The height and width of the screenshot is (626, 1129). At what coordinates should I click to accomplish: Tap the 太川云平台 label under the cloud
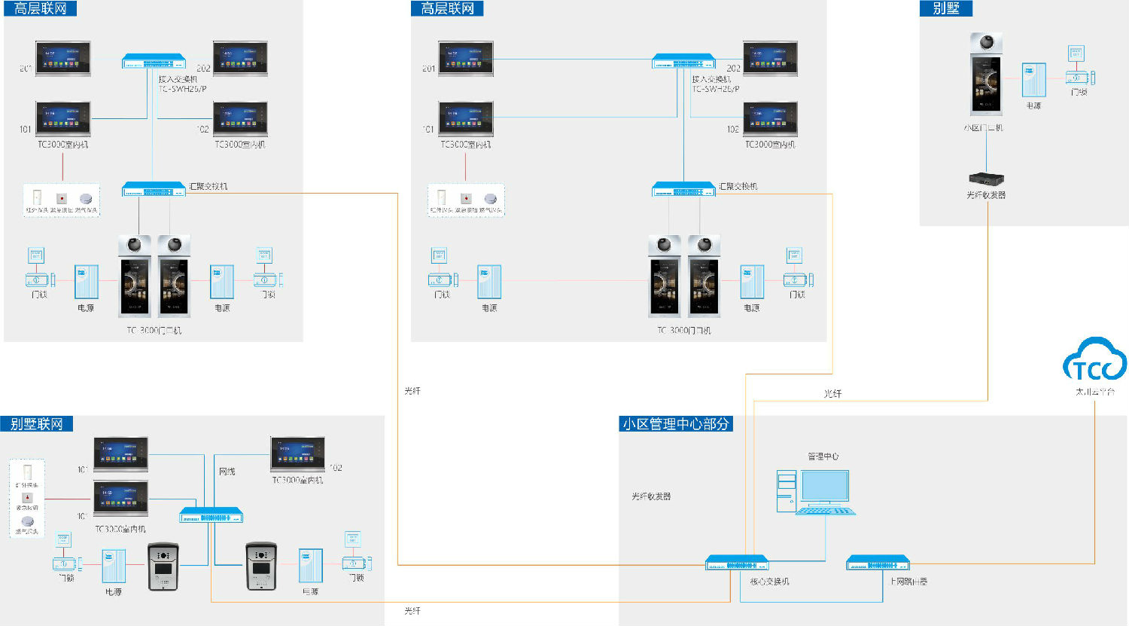click(x=1094, y=392)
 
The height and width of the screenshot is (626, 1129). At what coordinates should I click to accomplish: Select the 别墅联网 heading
click(x=36, y=424)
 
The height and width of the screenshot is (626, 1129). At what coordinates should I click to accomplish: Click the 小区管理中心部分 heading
click(x=676, y=424)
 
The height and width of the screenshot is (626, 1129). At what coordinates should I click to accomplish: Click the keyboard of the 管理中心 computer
click(x=826, y=511)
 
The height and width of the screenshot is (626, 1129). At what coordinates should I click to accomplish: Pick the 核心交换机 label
click(x=769, y=582)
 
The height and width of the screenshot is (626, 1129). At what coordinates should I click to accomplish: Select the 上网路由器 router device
click(x=878, y=563)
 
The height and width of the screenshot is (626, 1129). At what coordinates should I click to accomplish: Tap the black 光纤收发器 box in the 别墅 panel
click(x=986, y=179)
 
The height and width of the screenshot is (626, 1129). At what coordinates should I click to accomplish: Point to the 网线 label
click(x=227, y=472)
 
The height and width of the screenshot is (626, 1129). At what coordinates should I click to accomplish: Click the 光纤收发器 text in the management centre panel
click(x=651, y=496)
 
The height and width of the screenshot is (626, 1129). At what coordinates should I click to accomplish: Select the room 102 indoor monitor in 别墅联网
click(x=297, y=454)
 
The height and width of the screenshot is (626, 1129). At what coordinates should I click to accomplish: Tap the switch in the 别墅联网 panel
click(x=211, y=516)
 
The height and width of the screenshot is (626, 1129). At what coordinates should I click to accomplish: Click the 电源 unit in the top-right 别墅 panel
click(x=1033, y=80)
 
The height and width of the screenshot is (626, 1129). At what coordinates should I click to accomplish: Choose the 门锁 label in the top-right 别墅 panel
click(x=1079, y=92)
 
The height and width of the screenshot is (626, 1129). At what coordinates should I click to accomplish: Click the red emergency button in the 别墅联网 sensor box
click(x=28, y=498)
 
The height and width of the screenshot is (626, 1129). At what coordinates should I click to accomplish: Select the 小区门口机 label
click(x=983, y=128)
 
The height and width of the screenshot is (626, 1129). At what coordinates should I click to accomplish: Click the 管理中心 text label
click(x=823, y=457)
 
